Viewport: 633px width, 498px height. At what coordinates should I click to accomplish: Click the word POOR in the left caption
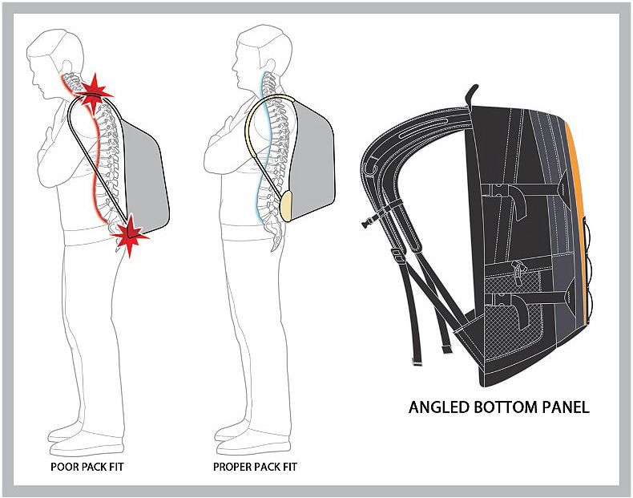pyautogui.click(x=65, y=467)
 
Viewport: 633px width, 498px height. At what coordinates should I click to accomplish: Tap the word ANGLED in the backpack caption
pyautogui.click(x=439, y=407)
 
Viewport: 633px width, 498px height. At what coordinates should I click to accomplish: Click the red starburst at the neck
pyautogui.click(x=94, y=93)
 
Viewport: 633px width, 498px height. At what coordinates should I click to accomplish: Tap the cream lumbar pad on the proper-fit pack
pyautogui.click(x=286, y=206)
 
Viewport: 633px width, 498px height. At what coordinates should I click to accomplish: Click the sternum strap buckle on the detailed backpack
pyautogui.click(x=369, y=221)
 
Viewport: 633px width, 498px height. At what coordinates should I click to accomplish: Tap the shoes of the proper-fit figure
pyautogui.click(x=252, y=437)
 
